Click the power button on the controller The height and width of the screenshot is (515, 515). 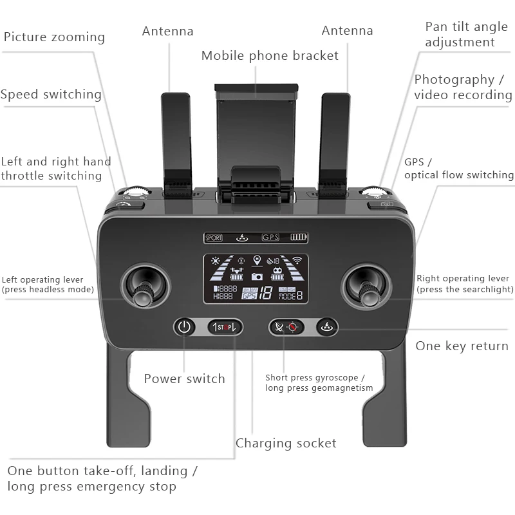coord(185,327)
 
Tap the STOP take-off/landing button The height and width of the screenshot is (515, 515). coord(225,327)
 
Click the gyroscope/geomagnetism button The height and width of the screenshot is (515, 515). coord(286,327)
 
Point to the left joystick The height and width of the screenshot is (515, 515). coord(146,285)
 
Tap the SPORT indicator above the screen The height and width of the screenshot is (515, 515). coord(214,238)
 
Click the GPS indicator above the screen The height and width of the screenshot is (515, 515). coord(270,238)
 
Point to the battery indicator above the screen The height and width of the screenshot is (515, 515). coord(298,238)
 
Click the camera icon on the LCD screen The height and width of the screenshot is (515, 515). coord(257,276)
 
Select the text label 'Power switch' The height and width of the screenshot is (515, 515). coord(184,379)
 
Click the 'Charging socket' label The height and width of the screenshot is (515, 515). coord(286,443)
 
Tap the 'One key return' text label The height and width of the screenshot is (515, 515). coord(462,346)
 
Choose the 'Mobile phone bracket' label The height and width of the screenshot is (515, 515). coord(270,56)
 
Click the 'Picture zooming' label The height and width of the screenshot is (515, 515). coord(54,37)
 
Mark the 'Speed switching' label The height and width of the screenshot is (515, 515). coord(51,95)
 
